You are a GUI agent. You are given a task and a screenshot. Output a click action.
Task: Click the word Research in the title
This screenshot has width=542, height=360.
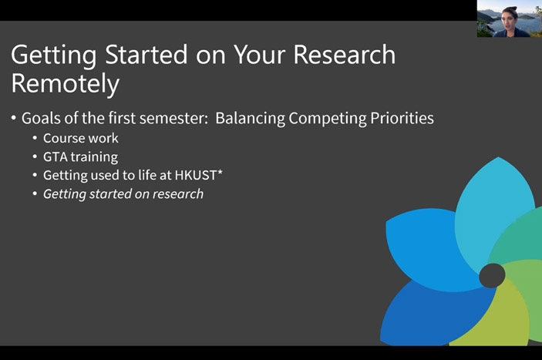pyautogui.click(x=345, y=55)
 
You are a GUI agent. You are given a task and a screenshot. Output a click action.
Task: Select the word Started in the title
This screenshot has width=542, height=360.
pyautogui.click(x=146, y=55)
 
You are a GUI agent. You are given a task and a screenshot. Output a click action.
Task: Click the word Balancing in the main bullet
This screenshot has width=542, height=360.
pyautogui.click(x=251, y=119)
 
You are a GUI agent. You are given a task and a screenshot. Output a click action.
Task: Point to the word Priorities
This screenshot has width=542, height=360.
pyautogui.click(x=402, y=118)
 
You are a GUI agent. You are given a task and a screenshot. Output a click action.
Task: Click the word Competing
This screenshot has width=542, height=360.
pyautogui.click(x=328, y=119)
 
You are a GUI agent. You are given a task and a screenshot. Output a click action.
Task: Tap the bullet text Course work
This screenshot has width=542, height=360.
pyautogui.click(x=80, y=138)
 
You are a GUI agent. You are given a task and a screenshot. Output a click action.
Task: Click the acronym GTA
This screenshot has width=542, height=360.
pyautogui.click(x=56, y=156)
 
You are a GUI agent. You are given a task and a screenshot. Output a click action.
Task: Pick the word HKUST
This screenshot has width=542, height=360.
pyautogui.click(x=196, y=175)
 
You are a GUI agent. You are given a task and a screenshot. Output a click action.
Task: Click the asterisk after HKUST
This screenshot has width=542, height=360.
pyautogui.click(x=220, y=173)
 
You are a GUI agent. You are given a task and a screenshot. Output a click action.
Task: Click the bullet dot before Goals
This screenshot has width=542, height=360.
pyautogui.click(x=14, y=118)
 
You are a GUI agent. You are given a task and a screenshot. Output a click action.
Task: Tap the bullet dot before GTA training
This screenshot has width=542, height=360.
pyautogui.click(x=35, y=156)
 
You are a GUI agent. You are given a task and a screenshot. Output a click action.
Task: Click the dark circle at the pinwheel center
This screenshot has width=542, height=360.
pyautogui.click(x=492, y=275)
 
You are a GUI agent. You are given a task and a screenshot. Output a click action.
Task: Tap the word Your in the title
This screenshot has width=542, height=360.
pyautogui.click(x=260, y=55)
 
